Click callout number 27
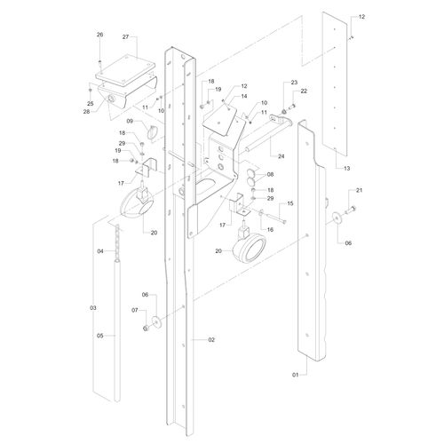pos(126,37)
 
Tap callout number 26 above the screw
pos(100,35)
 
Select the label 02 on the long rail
pos(211,340)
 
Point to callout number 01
pos(296,375)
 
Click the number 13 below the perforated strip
pos(346,168)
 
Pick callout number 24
pos(281,156)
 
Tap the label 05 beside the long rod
pos(100,336)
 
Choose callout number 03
pos(93,308)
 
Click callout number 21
pos(359,190)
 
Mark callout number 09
pos(130,121)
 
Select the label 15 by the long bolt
pos(290,203)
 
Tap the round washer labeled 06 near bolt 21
pos(337,218)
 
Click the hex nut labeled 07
pos(146,328)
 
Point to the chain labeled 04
pos(118,241)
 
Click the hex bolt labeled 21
pos(352,210)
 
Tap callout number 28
pos(86,112)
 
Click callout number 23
pos(294,83)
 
